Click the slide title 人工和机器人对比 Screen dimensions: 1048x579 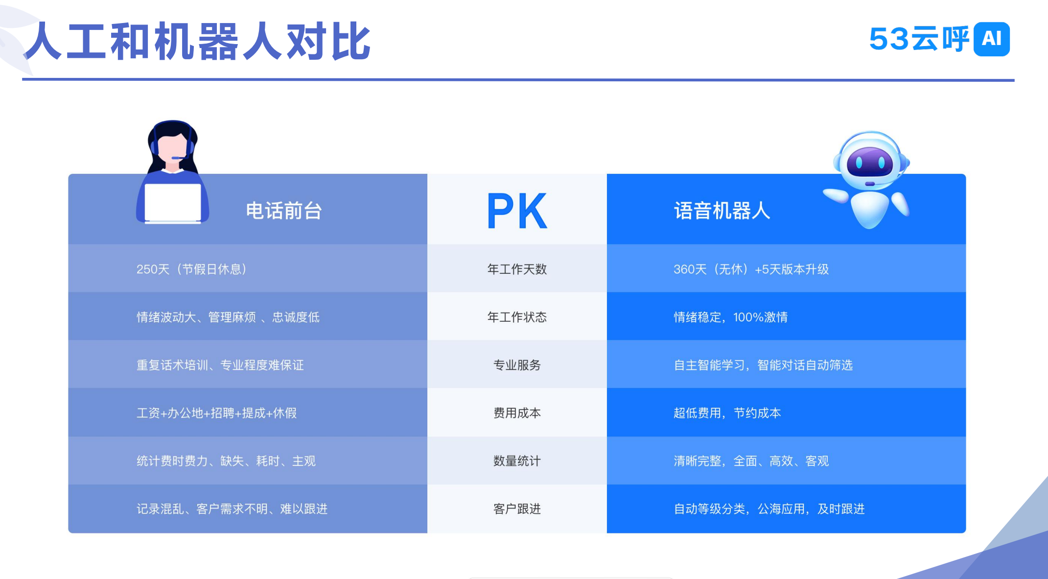tap(197, 42)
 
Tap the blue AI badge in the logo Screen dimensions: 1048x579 tap(992, 39)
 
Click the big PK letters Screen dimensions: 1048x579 tap(517, 211)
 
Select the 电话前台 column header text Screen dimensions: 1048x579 tap(283, 211)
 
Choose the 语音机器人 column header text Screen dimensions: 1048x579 tap(722, 211)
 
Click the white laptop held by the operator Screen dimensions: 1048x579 tap(173, 203)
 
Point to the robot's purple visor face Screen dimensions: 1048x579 tap(869, 162)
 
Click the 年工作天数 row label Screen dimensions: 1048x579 tap(517, 269)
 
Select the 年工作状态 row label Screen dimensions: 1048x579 tap(517, 317)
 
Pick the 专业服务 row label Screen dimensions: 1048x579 tap(517, 365)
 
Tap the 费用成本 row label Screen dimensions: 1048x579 tap(517, 413)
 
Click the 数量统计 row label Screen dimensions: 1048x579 tap(517, 461)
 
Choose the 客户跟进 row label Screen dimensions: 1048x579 tap(517, 509)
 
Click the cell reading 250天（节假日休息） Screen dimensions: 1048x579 tap(192, 269)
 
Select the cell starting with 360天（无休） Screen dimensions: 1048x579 tap(751, 269)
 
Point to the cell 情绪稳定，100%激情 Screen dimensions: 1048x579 tap(730, 317)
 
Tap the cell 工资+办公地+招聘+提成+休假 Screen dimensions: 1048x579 tap(216, 413)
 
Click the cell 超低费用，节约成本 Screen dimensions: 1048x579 tap(727, 413)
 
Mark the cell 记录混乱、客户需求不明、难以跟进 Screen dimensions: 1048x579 tap(232, 509)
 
